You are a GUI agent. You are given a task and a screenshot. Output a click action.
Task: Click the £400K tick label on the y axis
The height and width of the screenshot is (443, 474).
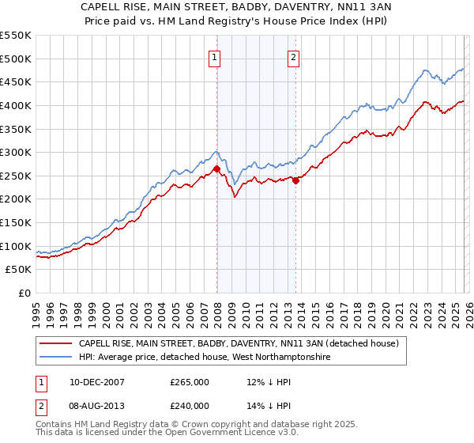[x=16, y=105]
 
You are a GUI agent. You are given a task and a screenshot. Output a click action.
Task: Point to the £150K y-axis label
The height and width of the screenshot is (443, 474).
[x=16, y=222]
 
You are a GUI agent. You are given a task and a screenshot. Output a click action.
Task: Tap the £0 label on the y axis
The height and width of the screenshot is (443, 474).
[x=24, y=293]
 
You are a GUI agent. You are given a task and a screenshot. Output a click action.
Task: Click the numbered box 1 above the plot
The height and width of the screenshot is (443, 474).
[x=215, y=56]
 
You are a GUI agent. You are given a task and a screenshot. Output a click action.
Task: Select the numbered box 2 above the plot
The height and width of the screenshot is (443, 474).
[x=293, y=56]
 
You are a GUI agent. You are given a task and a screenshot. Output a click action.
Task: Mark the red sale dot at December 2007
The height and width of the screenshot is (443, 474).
[x=216, y=168]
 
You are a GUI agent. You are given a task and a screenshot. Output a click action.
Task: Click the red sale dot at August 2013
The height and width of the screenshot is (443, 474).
[x=295, y=180]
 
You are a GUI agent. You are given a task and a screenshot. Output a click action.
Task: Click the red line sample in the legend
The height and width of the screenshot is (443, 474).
[x=56, y=344]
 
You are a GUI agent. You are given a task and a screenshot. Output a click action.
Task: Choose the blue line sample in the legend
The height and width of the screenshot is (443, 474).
[x=56, y=358]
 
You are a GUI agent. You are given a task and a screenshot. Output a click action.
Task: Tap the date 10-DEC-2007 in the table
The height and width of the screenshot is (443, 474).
[x=92, y=382]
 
